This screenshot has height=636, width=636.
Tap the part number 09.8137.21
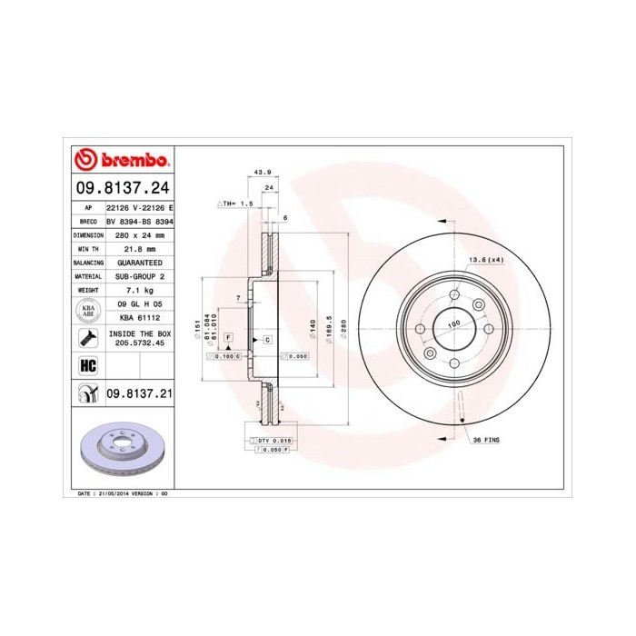tap(140, 393)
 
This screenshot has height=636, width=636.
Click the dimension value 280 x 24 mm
tap(140, 234)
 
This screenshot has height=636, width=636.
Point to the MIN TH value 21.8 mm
tap(140, 248)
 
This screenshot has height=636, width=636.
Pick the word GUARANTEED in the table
tap(140, 262)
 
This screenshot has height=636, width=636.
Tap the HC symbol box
tap(89, 365)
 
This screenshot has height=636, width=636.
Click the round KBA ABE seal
tap(89, 311)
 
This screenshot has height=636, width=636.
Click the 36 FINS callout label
tap(486, 439)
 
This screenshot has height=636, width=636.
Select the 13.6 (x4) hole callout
tap(485, 260)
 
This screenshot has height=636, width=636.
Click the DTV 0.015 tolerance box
tap(273, 440)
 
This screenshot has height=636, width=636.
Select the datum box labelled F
tap(228, 337)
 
